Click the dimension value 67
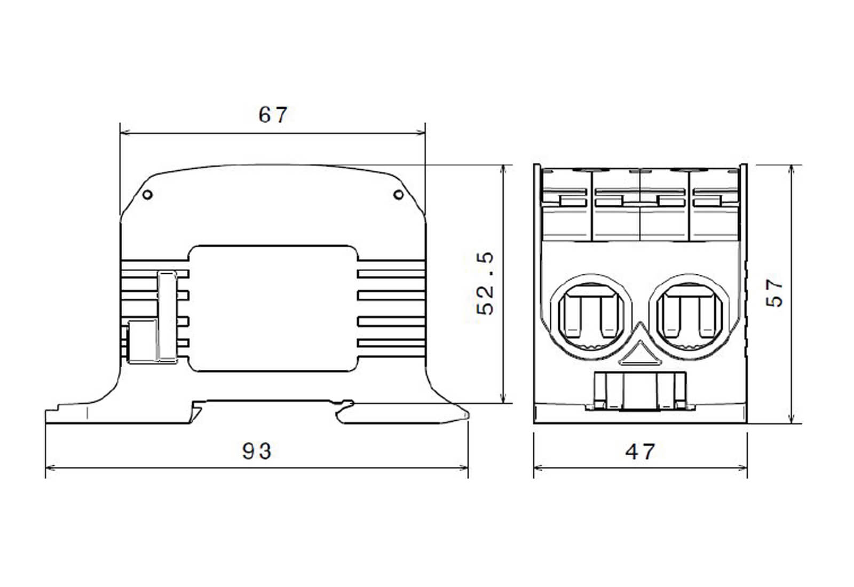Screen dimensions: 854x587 273,115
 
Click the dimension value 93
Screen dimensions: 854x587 257,451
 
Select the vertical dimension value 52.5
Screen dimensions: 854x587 486,283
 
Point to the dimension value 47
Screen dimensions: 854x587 639,452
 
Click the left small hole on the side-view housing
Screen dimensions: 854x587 148,195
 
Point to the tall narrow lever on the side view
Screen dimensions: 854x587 167,316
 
